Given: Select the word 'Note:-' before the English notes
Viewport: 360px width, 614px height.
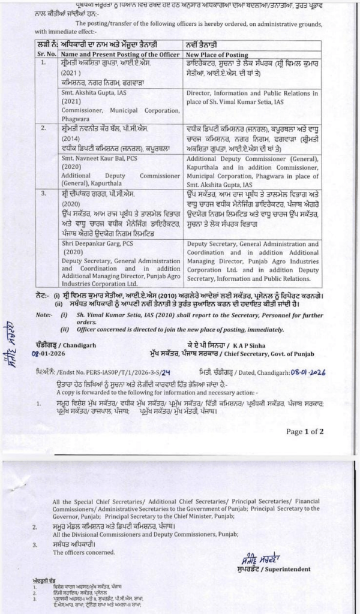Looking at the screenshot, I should (x=44, y=315).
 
